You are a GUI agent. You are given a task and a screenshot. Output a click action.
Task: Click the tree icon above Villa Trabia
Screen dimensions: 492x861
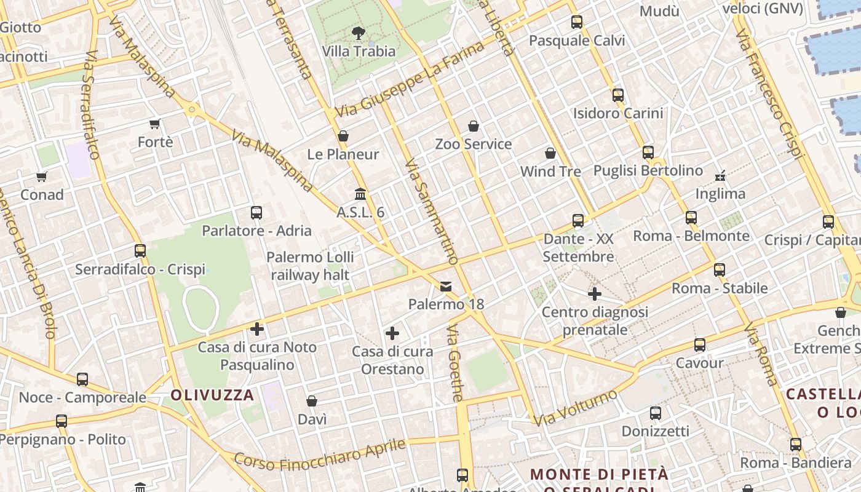pos(358,33)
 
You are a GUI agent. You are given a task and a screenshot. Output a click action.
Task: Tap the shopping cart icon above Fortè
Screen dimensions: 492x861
pos(155,124)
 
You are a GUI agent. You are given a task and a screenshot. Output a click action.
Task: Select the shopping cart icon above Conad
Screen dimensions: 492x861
pos(42,177)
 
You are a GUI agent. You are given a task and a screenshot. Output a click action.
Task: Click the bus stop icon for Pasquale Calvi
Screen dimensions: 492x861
pos(576,23)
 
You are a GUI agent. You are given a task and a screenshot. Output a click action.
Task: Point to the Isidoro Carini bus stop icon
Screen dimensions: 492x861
pos(618,95)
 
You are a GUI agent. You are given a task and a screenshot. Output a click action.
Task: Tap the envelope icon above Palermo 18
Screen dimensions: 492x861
pos(446,287)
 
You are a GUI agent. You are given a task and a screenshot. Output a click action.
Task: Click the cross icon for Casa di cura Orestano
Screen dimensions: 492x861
pos(392,334)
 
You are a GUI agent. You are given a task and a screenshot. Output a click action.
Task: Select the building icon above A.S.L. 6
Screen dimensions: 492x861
pos(360,194)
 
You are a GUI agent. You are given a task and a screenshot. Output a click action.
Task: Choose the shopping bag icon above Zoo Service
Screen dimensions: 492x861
pos(474,126)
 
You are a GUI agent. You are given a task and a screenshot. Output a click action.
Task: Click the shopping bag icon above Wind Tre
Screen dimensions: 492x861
pos(550,153)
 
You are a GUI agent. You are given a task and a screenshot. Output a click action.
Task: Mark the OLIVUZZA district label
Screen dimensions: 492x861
pos(212,395)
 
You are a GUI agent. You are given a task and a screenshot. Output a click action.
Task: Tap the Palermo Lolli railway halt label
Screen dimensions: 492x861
pos(311,266)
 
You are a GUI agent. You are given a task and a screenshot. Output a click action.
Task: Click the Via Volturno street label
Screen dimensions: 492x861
pos(575,408)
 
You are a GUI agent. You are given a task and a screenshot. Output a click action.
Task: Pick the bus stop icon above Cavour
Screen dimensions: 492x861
pos(700,345)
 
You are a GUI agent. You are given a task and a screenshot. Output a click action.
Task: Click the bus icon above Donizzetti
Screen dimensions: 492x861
pos(656,413)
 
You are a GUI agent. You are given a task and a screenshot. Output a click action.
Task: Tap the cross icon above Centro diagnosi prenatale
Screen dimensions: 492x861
pos(595,294)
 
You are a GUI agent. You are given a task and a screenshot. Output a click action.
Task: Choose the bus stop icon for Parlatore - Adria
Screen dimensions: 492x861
pos(256,213)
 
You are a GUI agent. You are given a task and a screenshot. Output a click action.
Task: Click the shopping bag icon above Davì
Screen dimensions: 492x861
pos(312,402)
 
